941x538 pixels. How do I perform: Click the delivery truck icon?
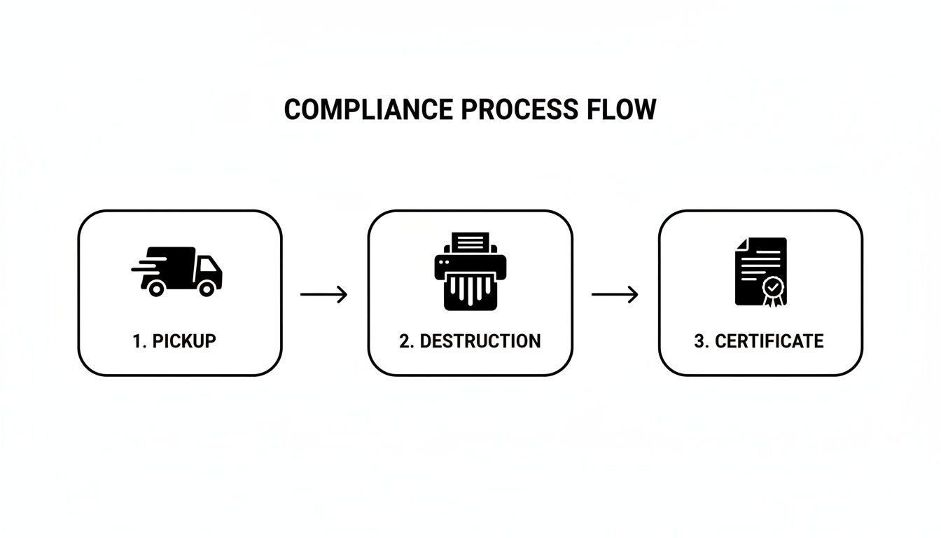[179, 271]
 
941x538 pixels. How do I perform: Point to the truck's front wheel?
[207, 287]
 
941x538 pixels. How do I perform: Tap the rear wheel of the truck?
[155, 287]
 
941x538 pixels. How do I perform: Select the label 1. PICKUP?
[174, 341]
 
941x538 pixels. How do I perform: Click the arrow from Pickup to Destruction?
[323, 295]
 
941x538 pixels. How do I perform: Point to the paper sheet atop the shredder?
[470, 244]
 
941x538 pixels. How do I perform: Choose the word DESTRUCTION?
[480, 341]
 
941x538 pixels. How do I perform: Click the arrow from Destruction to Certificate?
[615, 295]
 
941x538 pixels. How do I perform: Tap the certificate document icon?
[760, 271]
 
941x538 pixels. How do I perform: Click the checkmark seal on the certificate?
[772, 287]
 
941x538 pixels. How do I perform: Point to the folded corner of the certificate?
[741, 244]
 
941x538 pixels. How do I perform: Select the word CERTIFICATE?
[769, 341]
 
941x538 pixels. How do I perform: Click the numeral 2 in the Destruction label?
[404, 341]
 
